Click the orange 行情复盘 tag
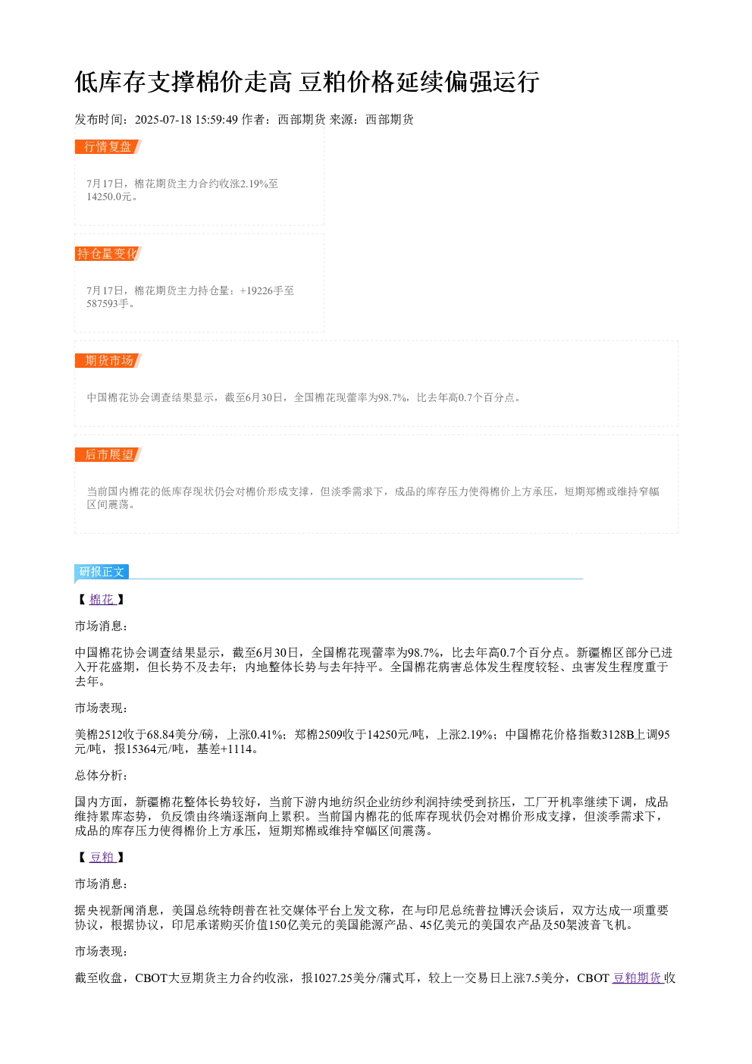click(x=108, y=147)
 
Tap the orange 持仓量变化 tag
click(x=108, y=253)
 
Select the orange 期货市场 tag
click(x=108, y=360)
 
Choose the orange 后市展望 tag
click(x=108, y=454)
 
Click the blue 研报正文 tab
click(x=102, y=571)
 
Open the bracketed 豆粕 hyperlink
click(x=102, y=857)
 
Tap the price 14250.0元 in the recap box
click(x=108, y=196)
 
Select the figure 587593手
click(x=108, y=303)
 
